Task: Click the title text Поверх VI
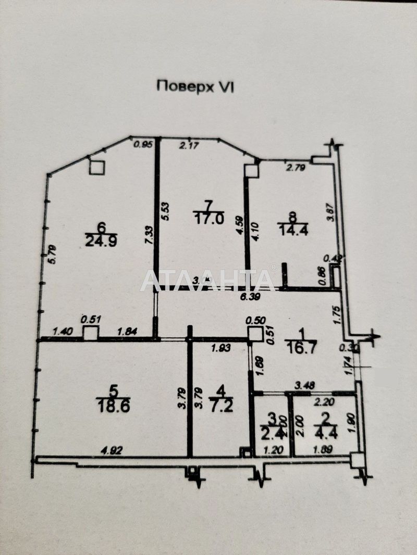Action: pos(195,86)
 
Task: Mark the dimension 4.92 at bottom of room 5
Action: pos(111,451)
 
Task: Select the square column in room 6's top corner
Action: pos(96,167)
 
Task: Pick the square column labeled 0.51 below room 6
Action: pos(91,333)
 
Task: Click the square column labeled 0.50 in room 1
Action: pos(255,334)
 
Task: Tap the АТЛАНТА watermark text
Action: pos(207,281)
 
